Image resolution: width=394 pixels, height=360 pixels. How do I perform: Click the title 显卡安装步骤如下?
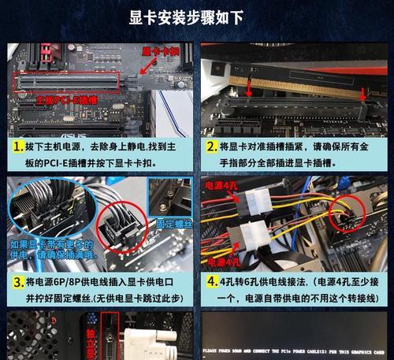(x=196, y=17)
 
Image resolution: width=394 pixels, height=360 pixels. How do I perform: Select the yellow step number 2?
(x=211, y=147)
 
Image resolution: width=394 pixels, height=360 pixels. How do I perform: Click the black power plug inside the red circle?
(x=350, y=215)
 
